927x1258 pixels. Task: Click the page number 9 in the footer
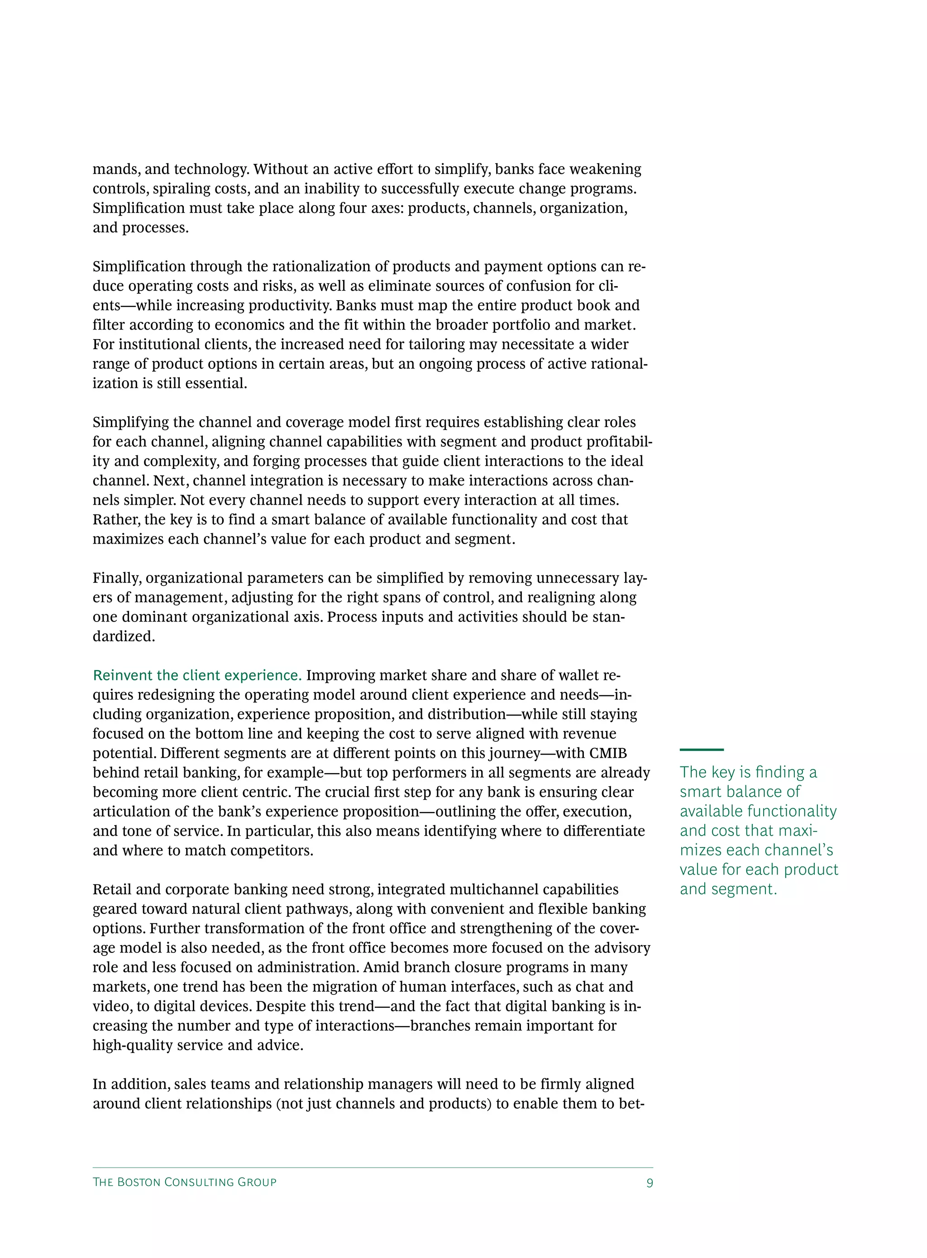pyautogui.click(x=649, y=1183)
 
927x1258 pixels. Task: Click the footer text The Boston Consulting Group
pyautogui.click(x=185, y=1182)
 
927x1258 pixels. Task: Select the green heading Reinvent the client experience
pyautogui.click(x=197, y=675)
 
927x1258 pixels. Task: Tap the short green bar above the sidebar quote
pyautogui.click(x=702, y=750)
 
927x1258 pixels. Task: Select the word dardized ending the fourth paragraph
pyautogui.click(x=124, y=636)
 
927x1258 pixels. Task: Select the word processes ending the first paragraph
pyautogui.click(x=155, y=228)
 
